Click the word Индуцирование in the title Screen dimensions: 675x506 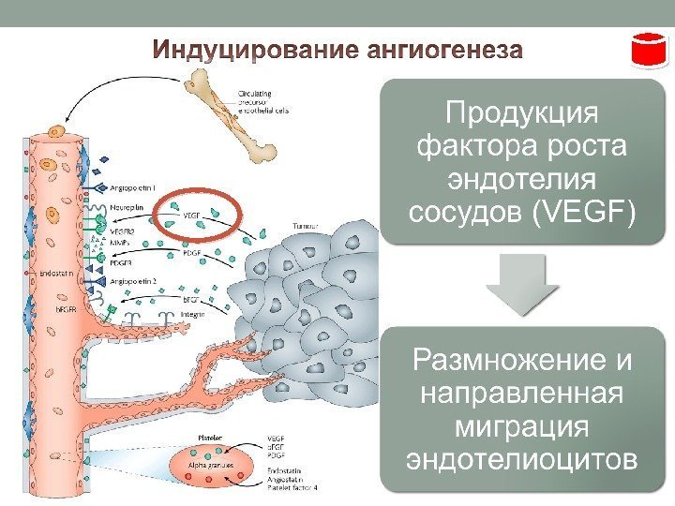(x=243, y=50)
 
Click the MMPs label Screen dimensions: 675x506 (x=121, y=240)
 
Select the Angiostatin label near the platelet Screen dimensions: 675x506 (x=284, y=480)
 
